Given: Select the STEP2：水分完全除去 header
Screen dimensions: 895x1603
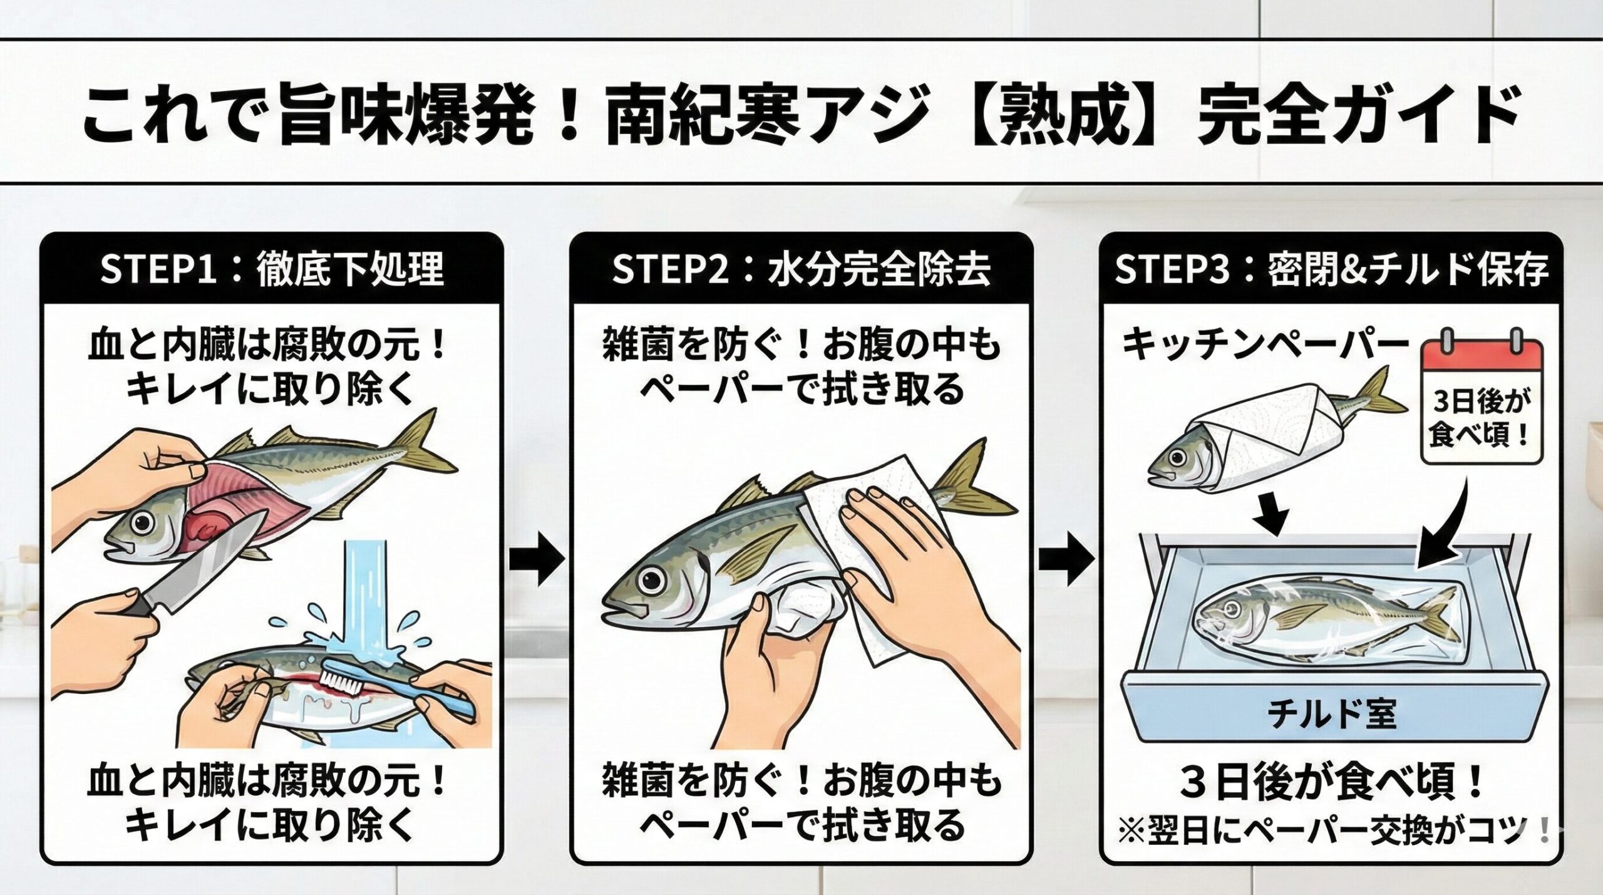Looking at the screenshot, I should [x=801, y=270].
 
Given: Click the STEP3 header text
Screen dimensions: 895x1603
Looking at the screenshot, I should [x=1331, y=270].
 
